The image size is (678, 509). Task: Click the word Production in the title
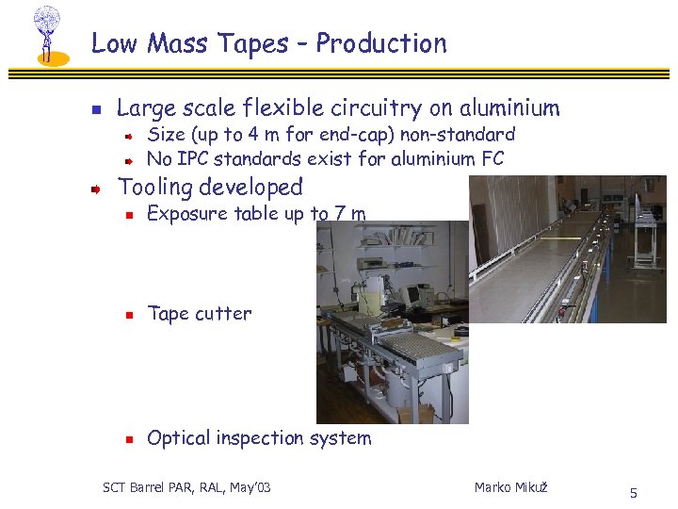click(381, 43)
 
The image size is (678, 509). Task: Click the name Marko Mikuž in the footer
click(510, 487)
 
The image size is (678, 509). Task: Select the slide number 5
click(634, 493)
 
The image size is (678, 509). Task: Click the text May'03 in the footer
click(249, 487)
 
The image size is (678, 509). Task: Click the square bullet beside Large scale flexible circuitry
click(95, 109)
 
